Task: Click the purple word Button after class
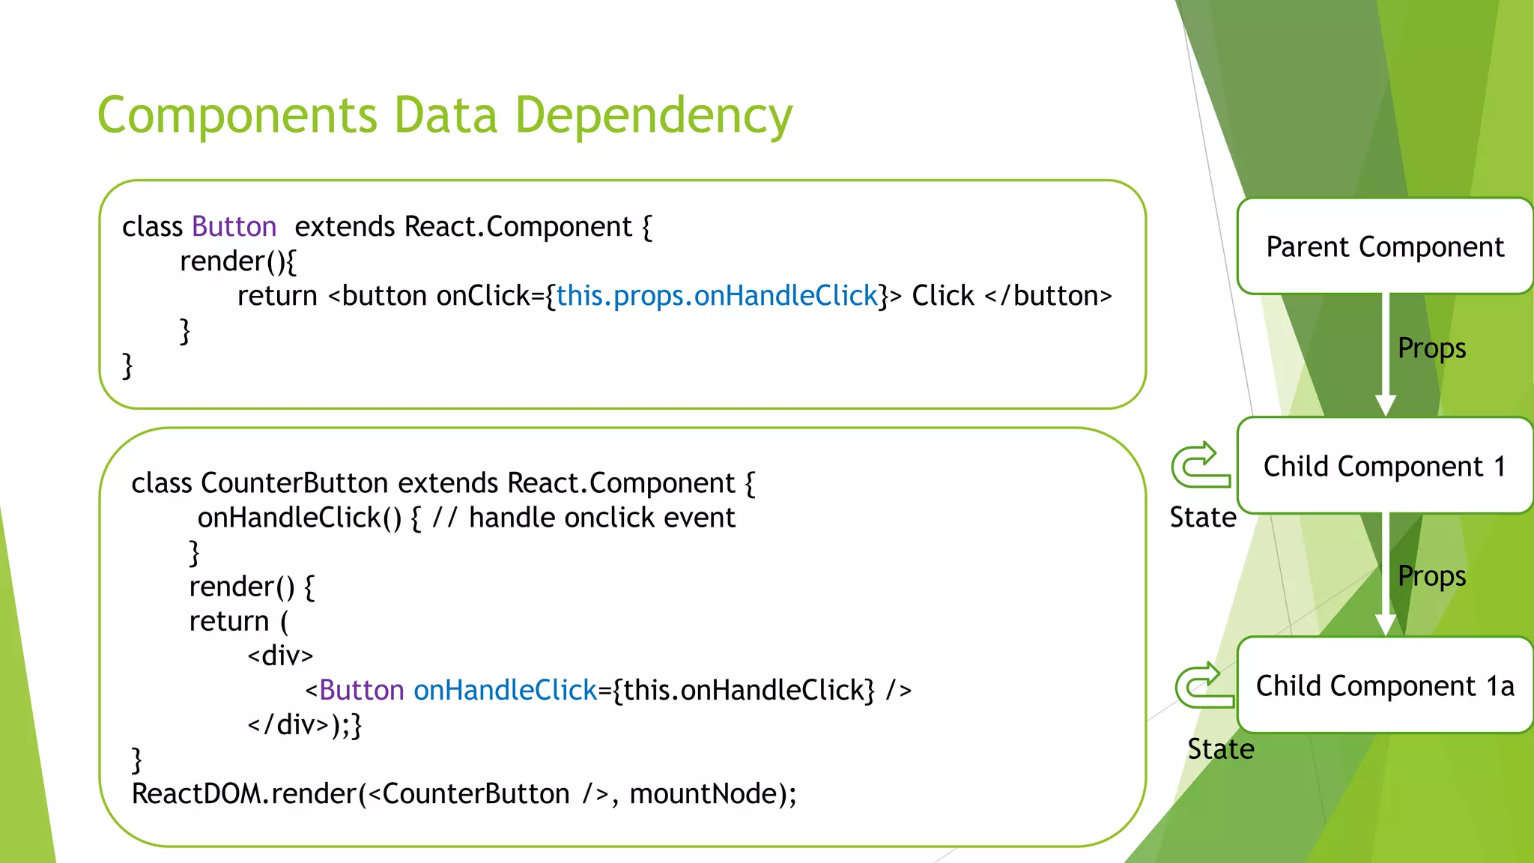click(234, 227)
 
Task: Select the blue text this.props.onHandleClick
click(717, 296)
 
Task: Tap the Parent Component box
click(1384, 246)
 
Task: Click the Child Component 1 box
click(1384, 466)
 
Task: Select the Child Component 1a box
click(1384, 685)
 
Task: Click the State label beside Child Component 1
click(1202, 518)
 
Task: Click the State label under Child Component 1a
click(1220, 749)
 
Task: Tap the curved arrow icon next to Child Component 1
click(1201, 465)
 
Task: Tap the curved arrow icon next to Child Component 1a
click(1204, 685)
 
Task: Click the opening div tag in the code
click(280, 656)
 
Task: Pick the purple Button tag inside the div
click(361, 691)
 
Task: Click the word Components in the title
click(237, 116)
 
